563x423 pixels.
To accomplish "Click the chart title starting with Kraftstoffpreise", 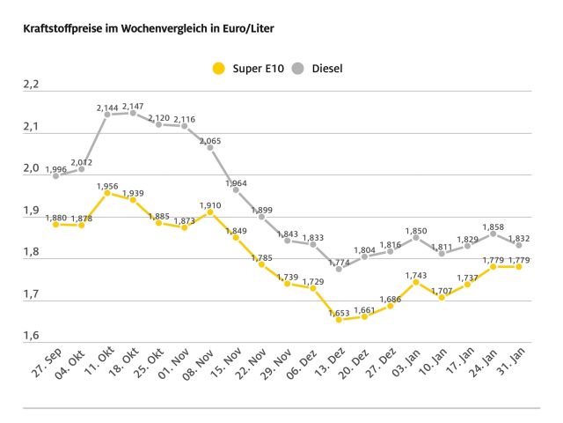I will [141, 28].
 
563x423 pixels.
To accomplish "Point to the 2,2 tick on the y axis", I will [31, 85].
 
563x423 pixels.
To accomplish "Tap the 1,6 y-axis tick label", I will [31, 336].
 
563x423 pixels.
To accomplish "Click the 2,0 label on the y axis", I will [31, 168].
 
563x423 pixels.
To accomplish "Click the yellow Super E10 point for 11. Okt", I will [107, 192].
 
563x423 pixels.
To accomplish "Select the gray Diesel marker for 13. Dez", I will [338, 269].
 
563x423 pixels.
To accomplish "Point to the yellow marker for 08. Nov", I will [210, 211].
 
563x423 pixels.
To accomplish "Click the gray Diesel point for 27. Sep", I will [56, 175].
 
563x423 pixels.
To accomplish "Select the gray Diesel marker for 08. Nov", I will [210, 147].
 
